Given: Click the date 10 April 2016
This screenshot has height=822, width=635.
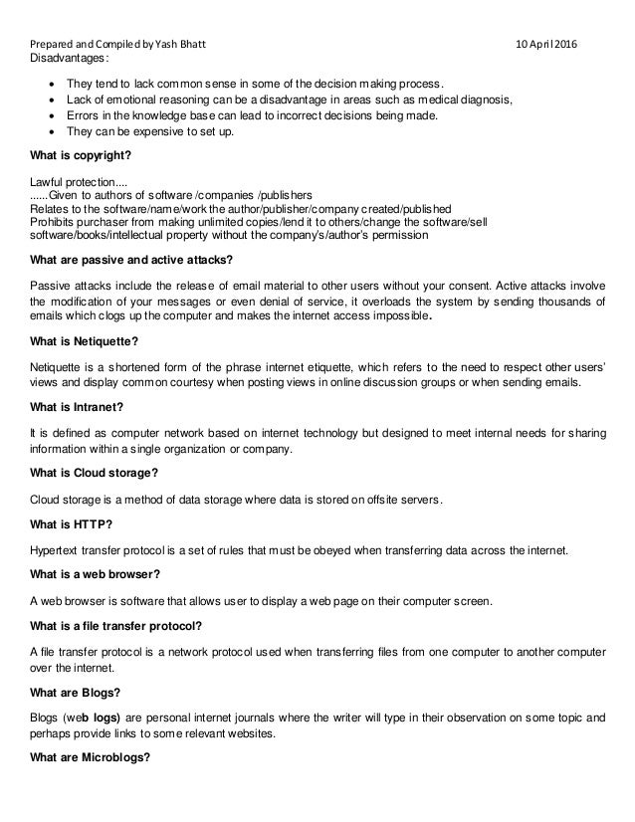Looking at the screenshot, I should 550,46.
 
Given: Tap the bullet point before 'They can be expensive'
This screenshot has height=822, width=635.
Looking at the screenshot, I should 50,133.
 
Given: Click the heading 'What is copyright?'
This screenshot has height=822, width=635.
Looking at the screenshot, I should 82,157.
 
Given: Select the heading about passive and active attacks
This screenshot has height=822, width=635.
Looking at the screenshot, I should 132,262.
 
